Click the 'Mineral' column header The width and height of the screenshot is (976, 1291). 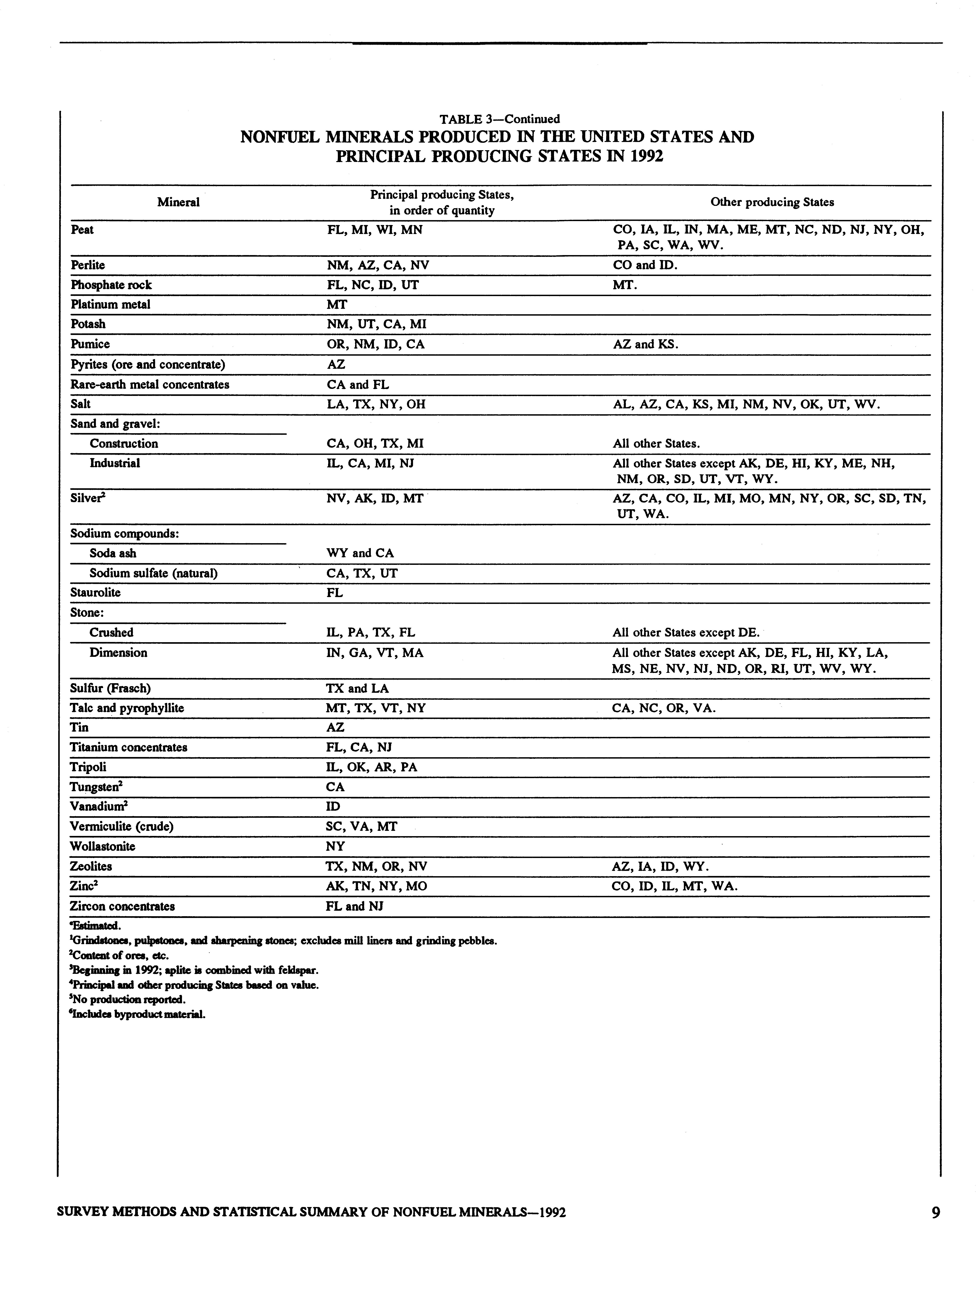tap(178, 202)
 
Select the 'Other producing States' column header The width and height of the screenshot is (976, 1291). tap(772, 202)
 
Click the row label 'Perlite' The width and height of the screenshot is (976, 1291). tap(87, 265)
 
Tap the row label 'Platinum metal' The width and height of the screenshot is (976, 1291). tap(110, 304)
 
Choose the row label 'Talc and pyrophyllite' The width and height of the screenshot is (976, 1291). tap(127, 708)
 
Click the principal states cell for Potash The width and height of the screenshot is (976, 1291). tap(376, 324)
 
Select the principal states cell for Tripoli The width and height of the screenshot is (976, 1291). tap(372, 767)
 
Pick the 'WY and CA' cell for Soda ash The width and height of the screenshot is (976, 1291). tap(360, 553)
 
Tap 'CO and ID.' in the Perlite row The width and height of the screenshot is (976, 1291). tap(645, 265)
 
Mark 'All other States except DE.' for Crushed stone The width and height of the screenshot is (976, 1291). tap(686, 632)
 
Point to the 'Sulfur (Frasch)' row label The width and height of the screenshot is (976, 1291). tap(110, 688)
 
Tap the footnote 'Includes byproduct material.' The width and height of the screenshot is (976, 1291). tap(138, 1014)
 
